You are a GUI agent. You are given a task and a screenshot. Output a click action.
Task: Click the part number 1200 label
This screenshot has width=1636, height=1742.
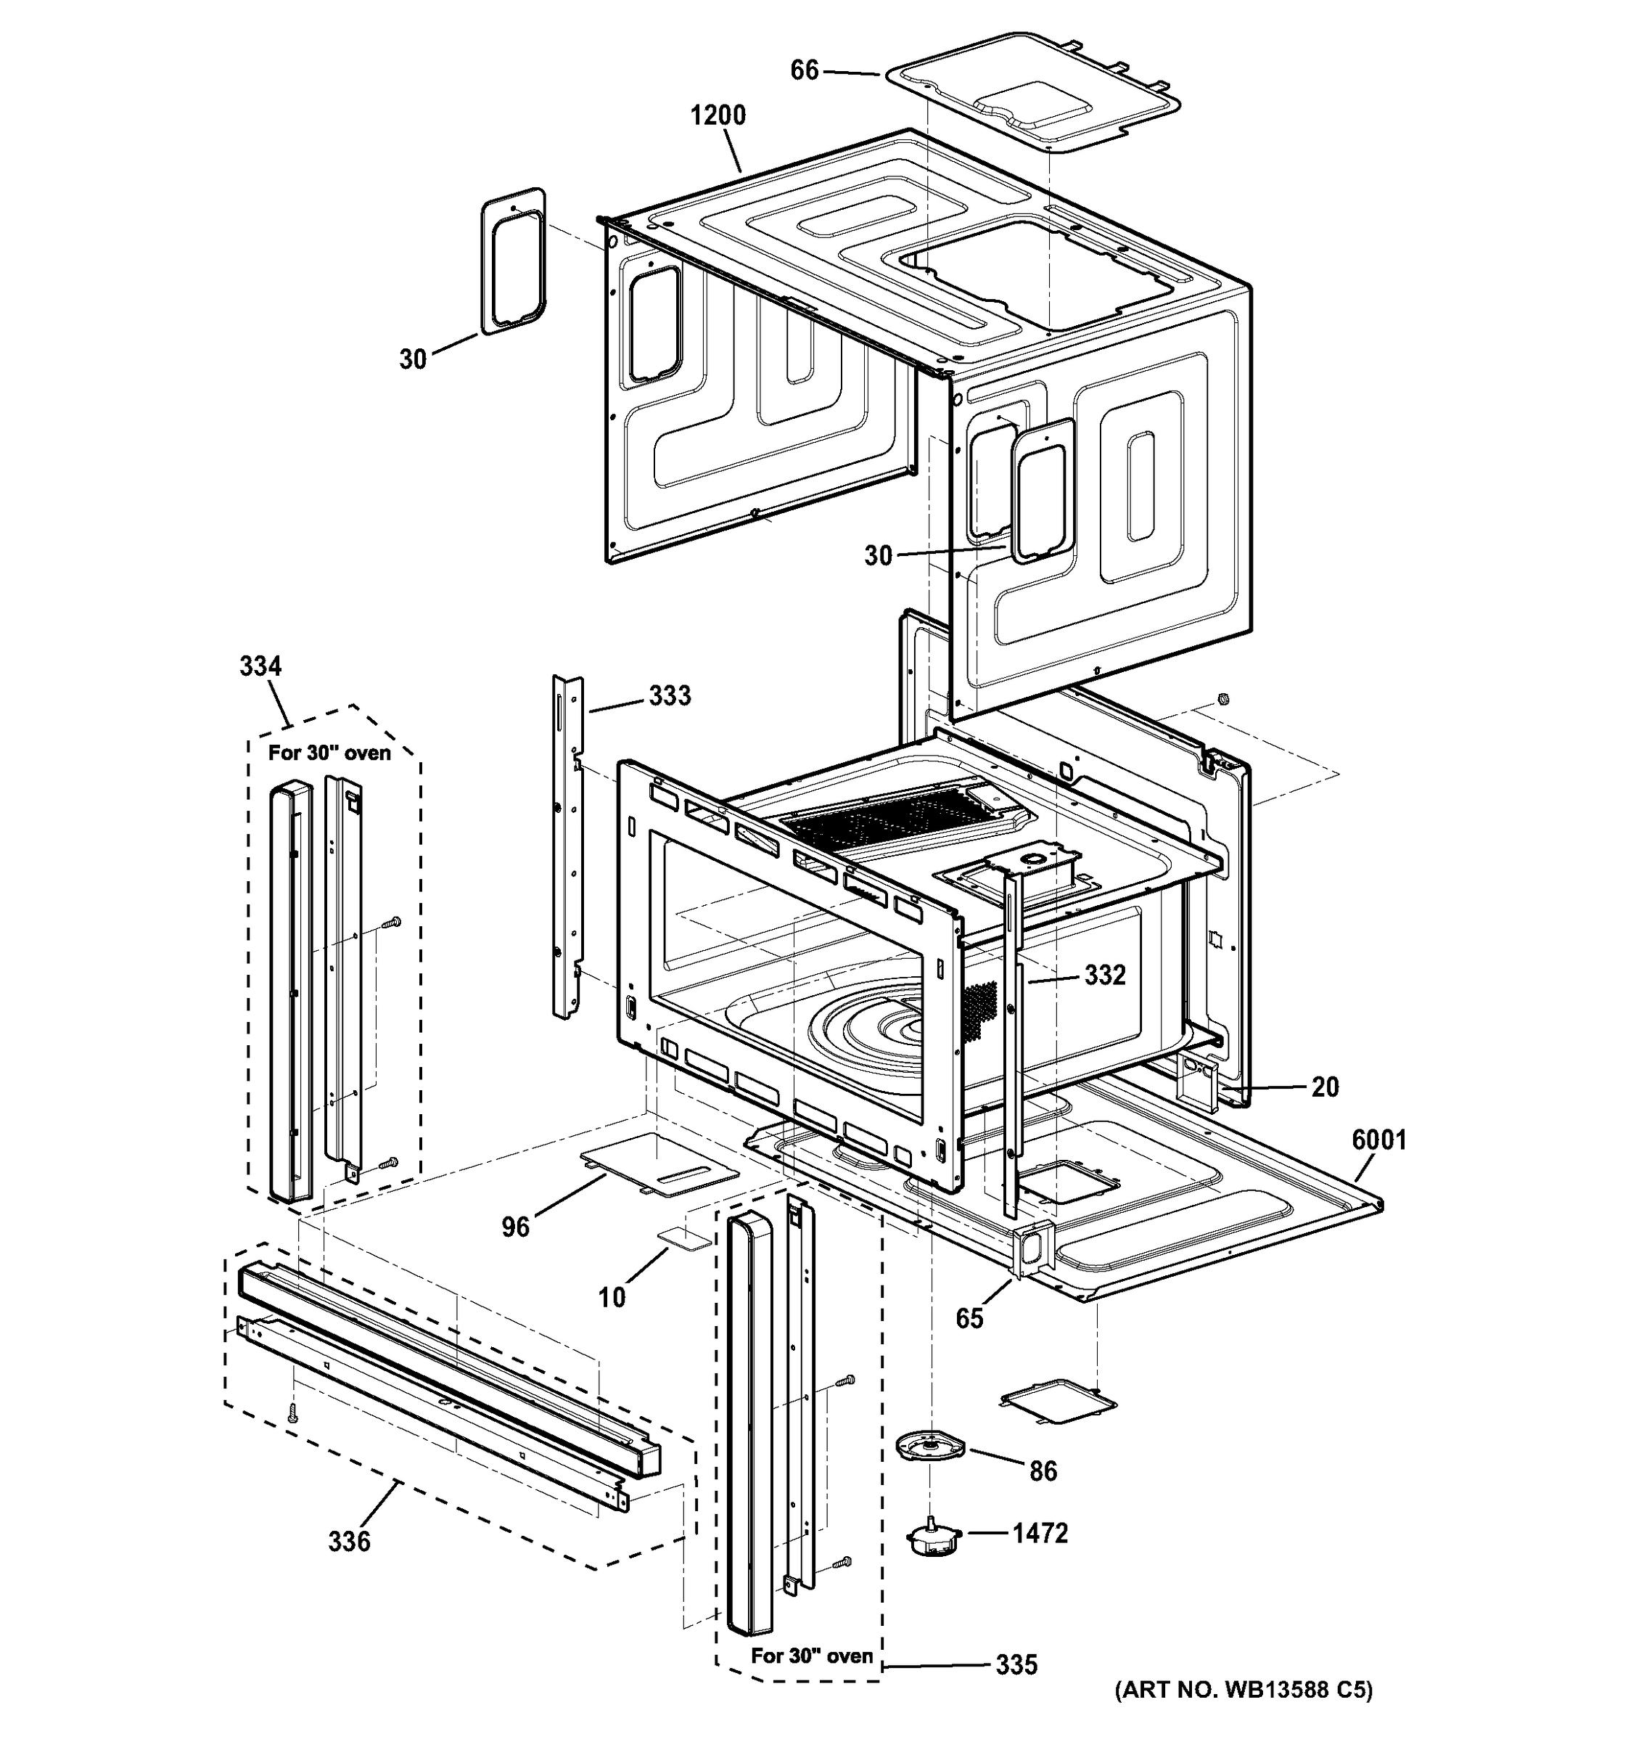coord(718,115)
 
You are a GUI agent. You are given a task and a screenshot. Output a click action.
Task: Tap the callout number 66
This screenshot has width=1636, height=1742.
coord(804,70)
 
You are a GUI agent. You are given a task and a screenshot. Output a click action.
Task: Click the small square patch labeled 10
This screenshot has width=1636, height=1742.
coord(684,1236)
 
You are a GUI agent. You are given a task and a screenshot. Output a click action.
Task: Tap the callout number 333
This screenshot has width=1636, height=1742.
coord(669,696)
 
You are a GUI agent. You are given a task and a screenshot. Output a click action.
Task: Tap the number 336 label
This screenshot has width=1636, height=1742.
coord(348,1540)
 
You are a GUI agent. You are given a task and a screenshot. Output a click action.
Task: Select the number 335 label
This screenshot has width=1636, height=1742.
coord(1016,1664)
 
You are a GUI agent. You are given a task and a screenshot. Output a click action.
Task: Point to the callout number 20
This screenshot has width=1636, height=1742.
coord(1324,1087)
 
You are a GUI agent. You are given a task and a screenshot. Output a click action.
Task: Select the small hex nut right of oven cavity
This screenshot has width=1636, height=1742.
coord(1223,698)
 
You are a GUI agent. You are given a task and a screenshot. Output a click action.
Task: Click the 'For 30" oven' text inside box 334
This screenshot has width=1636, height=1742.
coord(329,753)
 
